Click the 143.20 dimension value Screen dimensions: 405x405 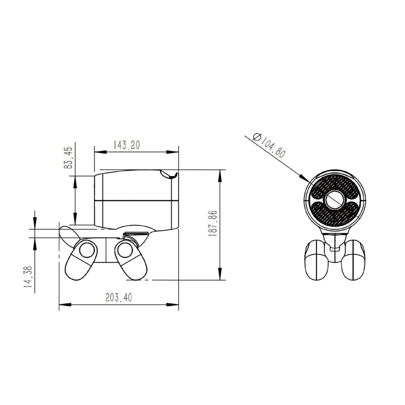[127, 145]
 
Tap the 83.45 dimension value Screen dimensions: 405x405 [68, 158]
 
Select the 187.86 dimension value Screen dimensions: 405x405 [213, 223]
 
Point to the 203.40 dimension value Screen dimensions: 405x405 [119, 298]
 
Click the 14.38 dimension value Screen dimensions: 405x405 [28, 276]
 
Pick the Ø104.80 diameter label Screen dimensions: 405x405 [269, 145]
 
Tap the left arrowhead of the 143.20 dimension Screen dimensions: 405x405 [100, 152]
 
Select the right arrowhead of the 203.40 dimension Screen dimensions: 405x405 [172, 305]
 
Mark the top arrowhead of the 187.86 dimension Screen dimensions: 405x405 [220, 176]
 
